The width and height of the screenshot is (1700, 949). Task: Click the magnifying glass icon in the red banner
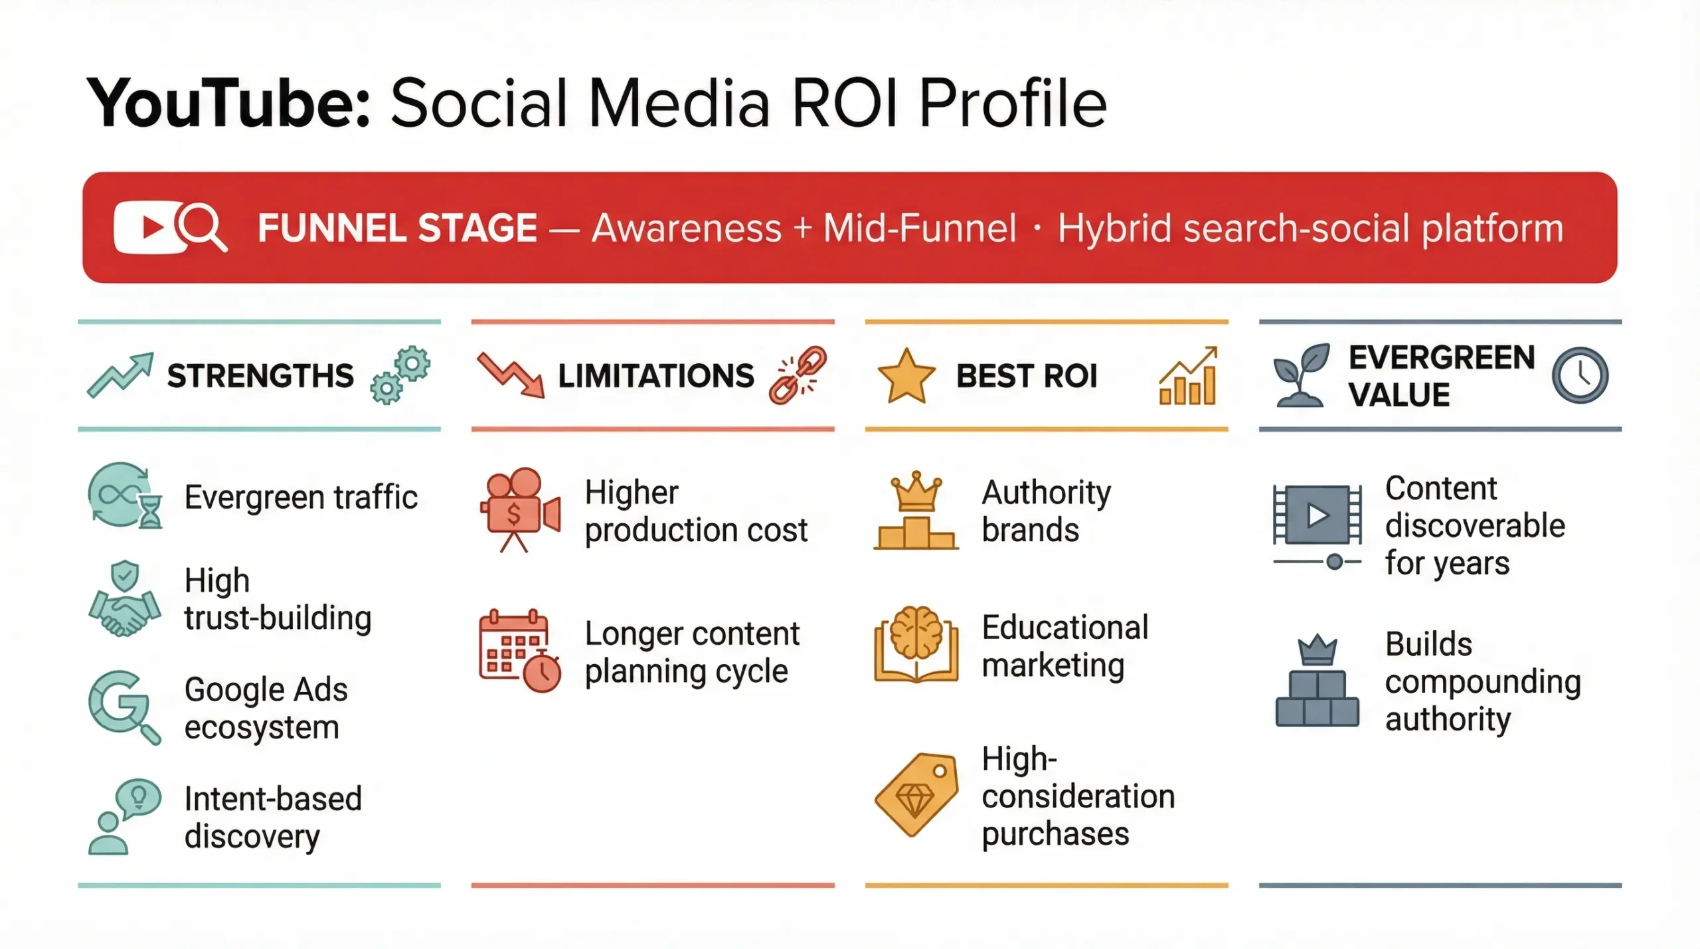[202, 227]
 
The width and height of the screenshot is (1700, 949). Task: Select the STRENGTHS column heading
[260, 376]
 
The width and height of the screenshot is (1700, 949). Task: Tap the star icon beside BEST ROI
[906, 376]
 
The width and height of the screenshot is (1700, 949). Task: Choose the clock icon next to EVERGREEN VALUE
[1580, 375]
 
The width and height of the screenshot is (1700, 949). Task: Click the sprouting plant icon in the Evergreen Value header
[1300, 375]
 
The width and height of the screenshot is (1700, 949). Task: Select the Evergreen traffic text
[301, 497]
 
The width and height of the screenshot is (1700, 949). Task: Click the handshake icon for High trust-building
[124, 600]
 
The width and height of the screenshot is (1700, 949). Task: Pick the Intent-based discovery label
[273, 818]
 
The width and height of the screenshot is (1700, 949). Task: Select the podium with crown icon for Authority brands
[916, 511]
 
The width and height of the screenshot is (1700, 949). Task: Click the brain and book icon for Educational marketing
[916, 645]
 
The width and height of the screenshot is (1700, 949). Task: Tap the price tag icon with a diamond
[916, 795]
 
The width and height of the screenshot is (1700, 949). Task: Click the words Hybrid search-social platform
[1310, 228]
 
